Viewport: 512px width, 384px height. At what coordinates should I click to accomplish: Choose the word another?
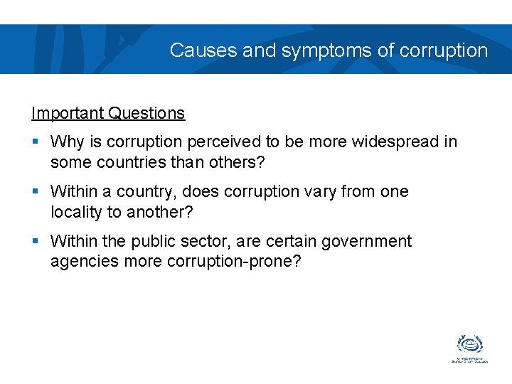click(162, 212)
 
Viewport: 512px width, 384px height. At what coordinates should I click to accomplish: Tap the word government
click(366, 242)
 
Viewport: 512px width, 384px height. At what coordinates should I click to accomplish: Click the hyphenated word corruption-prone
click(234, 262)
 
